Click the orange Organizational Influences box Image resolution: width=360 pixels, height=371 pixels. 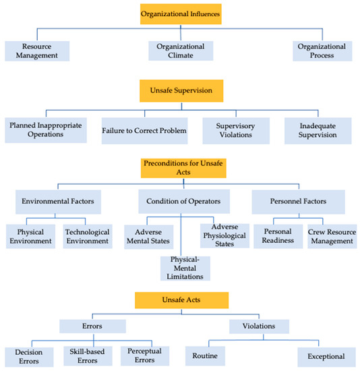181,13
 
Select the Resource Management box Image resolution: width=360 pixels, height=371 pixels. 36,51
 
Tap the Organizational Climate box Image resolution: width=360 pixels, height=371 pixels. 180,51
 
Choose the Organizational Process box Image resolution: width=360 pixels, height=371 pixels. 323,51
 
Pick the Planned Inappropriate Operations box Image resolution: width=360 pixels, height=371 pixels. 45,130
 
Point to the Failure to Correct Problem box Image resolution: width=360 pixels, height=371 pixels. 144,130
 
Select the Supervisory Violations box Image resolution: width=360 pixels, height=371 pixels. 236,130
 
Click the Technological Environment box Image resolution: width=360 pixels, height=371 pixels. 87,236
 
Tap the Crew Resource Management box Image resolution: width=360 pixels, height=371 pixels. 332,236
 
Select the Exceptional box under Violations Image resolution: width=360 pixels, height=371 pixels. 326,356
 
